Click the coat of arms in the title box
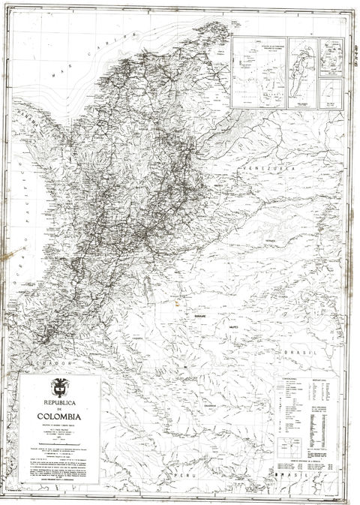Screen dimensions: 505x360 click(58, 387)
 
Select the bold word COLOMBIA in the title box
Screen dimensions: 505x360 click(59, 416)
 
